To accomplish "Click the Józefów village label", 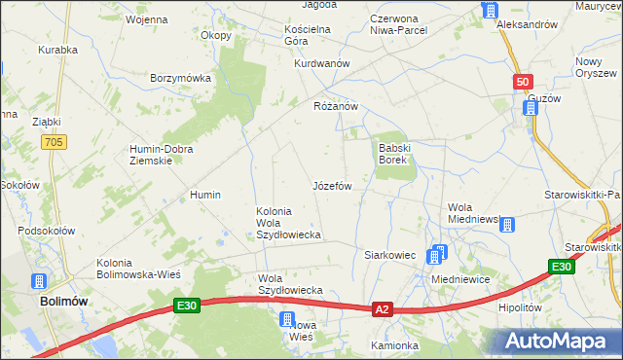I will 331,185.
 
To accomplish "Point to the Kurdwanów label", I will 322,63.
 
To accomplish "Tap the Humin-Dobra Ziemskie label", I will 162,155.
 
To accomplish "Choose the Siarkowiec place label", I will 389,255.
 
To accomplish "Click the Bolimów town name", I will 65,302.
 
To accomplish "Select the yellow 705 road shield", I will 55,142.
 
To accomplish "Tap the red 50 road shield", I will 524,84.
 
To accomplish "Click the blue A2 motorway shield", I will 383,309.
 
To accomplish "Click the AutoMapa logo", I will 563,341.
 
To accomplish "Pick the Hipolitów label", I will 519,306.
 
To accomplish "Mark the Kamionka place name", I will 394,345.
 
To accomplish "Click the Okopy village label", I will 216,36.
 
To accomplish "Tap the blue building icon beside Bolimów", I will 40,282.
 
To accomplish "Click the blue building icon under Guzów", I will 531,108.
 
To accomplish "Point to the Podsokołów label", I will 46,232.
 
